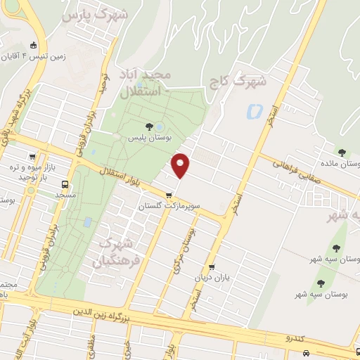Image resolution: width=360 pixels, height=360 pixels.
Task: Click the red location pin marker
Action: [181, 165]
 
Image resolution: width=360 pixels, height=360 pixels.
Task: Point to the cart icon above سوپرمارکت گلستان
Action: [169, 195]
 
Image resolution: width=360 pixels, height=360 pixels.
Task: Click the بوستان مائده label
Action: [342, 163]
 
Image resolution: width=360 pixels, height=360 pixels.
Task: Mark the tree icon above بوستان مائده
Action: [342, 153]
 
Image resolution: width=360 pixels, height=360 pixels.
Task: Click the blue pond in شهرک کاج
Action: [255, 110]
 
